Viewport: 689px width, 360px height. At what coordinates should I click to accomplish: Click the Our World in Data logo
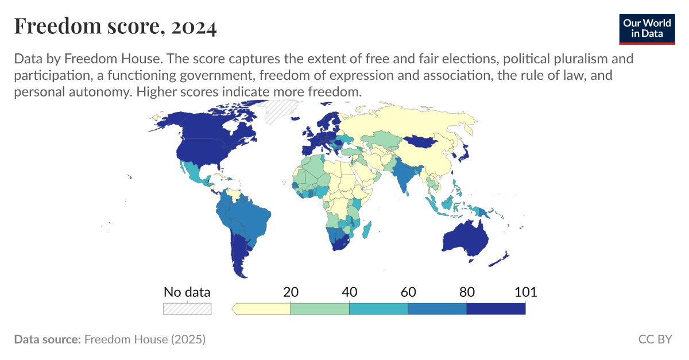coord(647,28)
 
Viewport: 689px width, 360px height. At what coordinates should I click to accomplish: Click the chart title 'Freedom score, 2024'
coord(115,26)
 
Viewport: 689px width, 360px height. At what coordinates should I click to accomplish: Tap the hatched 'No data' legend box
coord(187,308)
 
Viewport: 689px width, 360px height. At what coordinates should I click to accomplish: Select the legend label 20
coord(291,292)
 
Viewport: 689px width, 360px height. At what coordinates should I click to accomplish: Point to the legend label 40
coord(349,292)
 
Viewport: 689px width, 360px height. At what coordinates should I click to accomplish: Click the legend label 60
coord(408,292)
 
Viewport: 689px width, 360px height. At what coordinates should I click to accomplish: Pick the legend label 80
coord(466,292)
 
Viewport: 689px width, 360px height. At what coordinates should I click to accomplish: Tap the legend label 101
coord(525,292)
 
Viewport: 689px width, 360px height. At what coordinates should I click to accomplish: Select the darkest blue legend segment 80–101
coord(496,309)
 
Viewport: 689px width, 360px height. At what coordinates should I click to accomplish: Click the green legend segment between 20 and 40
coord(320,309)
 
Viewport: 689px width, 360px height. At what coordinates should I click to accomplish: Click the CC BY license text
coord(655,339)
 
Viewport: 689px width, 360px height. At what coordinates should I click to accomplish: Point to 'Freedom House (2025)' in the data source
coord(145,339)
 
